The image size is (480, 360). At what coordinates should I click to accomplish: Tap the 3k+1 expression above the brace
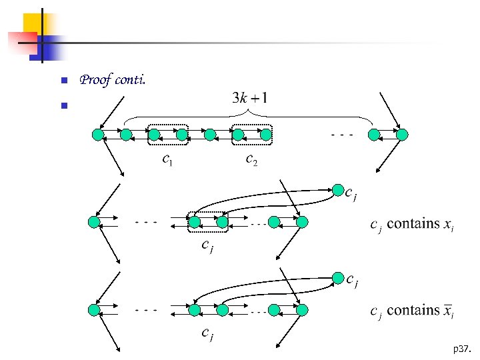tap(250, 99)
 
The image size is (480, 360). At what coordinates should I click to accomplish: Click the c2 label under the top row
tap(251, 159)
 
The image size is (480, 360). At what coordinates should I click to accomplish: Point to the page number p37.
tap(461, 349)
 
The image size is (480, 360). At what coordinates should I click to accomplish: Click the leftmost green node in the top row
tap(98, 135)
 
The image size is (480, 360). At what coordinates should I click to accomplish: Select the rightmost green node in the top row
tap(401, 135)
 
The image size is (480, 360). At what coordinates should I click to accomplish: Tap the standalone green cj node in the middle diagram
tap(338, 190)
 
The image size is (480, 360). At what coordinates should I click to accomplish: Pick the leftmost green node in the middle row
tap(94, 221)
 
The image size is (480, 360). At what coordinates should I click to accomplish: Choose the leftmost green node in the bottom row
tap(94, 310)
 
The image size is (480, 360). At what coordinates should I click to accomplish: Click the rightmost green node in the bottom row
tap(302, 310)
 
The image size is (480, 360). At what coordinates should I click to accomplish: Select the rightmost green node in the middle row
tap(302, 221)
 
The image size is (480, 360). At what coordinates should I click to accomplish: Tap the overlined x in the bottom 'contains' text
tap(449, 311)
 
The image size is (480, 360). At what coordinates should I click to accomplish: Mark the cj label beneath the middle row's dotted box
tap(208, 247)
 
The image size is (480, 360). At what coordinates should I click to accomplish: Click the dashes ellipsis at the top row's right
tap(342, 135)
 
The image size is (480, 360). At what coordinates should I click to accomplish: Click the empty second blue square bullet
tap(64, 105)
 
